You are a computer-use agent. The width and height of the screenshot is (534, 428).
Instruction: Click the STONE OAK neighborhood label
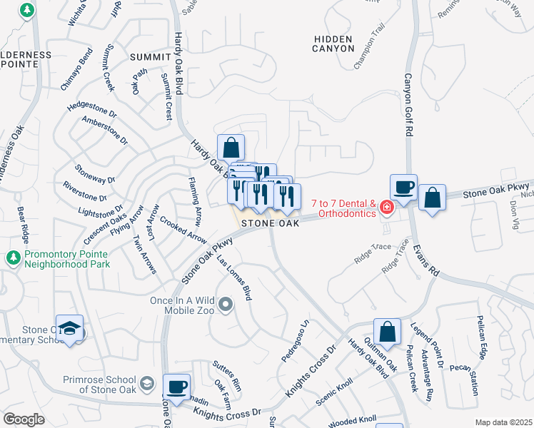pyautogui.click(x=270, y=223)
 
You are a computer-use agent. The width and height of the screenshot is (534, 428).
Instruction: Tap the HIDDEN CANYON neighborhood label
pyautogui.click(x=333, y=43)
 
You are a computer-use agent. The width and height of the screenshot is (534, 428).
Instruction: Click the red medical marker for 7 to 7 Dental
pyautogui.click(x=386, y=207)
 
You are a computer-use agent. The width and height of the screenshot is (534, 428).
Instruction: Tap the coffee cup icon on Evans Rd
pyautogui.click(x=403, y=188)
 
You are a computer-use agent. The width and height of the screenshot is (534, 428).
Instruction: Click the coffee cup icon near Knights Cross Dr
pyautogui.click(x=176, y=387)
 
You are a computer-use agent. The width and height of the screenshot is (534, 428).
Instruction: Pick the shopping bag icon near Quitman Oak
pyautogui.click(x=387, y=332)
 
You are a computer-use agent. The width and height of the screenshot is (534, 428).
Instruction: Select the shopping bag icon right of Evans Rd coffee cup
pyautogui.click(x=432, y=198)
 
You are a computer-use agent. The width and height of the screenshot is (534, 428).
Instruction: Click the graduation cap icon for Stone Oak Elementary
pyautogui.click(x=69, y=328)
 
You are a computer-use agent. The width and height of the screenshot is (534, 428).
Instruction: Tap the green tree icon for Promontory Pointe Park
pyautogui.click(x=12, y=256)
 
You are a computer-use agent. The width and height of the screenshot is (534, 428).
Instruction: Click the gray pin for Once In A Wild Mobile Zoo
pyautogui.click(x=226, y=306)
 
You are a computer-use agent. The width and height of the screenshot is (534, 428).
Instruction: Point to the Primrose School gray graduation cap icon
pyautogui.click(x=147, y=383)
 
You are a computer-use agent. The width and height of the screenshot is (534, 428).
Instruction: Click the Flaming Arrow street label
pyautogui.click(x=195, y=203)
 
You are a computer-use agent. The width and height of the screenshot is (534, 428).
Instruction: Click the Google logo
pyautogui.click(x=24, y=419)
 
